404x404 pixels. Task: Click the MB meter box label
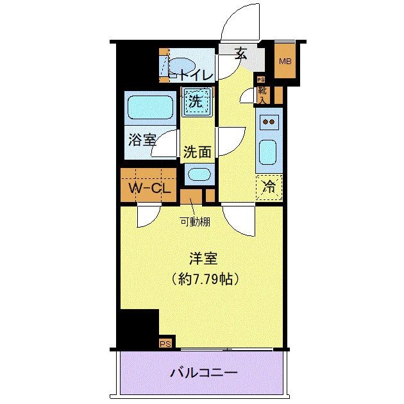284,62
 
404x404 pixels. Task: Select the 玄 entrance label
241,55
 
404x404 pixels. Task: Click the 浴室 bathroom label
142,139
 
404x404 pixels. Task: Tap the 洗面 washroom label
198,152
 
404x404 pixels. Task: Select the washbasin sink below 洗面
199,174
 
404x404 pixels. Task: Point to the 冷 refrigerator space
270,187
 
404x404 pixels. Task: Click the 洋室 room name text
203,259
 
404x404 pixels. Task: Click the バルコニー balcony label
204,372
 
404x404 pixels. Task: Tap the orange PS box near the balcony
165,343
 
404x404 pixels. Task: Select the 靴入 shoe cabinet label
262,95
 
